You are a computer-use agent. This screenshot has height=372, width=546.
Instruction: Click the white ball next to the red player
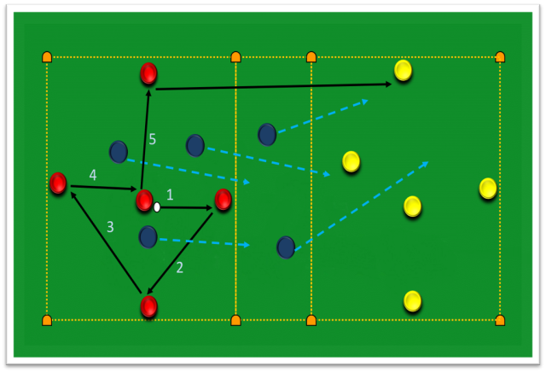[x=157, y=207]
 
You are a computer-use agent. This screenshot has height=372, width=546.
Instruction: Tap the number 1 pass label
[x=170, y=195]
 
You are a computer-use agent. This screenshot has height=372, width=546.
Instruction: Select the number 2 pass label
[x=180, y=268]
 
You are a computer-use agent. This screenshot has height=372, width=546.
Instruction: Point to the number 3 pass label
[x=110, y=227]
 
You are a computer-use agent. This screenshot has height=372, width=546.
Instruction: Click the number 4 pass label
[x=93, y=175]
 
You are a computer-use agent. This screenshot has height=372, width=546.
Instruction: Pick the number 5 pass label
[x=152, y=139]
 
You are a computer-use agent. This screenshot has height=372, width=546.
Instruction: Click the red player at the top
[x=148, y=73]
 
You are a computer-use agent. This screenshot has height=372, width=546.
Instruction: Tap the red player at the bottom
[x=148, y=306]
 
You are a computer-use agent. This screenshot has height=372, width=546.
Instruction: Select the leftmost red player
[x=58, y=183]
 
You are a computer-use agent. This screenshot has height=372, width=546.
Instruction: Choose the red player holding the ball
[x=144, y=201]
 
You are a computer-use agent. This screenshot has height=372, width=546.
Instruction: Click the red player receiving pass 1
[x=224, y=200]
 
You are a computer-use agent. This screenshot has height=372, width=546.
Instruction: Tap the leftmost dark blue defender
[x=119, y=152]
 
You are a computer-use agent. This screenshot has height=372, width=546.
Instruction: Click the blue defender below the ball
[x=148, y=237]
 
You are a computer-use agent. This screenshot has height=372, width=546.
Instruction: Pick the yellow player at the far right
[x=488, y=189]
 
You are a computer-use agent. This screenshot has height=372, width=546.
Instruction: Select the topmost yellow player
[x=403, y=70]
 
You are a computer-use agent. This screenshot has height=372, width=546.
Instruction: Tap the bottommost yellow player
[x=412, y=301]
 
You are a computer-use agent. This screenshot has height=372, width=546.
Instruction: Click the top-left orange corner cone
[x=47, y=57]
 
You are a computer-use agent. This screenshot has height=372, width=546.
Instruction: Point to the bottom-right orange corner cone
[x=500, y=321]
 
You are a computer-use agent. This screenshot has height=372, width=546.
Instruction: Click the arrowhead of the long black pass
[x=389, y=84]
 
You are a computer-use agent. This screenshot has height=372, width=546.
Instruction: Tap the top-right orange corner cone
[x=500, y=57]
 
